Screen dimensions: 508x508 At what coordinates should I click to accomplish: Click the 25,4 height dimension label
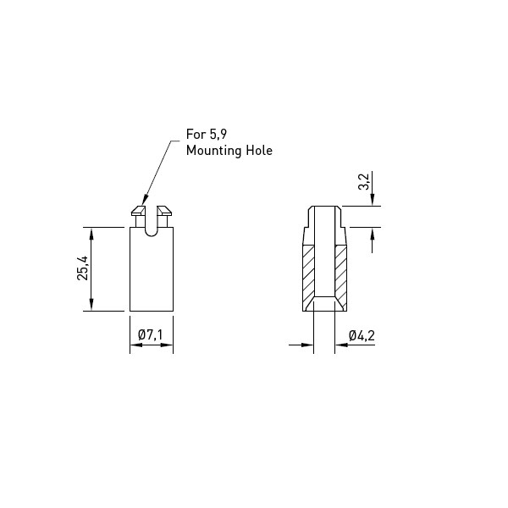click(82, 268)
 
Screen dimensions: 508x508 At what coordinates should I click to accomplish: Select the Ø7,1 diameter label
click(150, 334)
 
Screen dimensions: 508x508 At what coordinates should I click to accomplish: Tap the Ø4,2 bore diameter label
click(362, 335)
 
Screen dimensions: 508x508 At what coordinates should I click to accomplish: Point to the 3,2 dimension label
click(364, 181)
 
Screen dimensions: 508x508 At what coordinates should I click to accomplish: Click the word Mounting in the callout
click(214, 151)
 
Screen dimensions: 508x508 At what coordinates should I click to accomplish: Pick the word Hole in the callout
click(259, 151)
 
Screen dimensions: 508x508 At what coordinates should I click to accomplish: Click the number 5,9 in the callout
click(218, 134)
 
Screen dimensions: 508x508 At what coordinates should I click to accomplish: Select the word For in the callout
click(196, 134)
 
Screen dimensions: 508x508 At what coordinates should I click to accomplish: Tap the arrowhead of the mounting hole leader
click(145, 200)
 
